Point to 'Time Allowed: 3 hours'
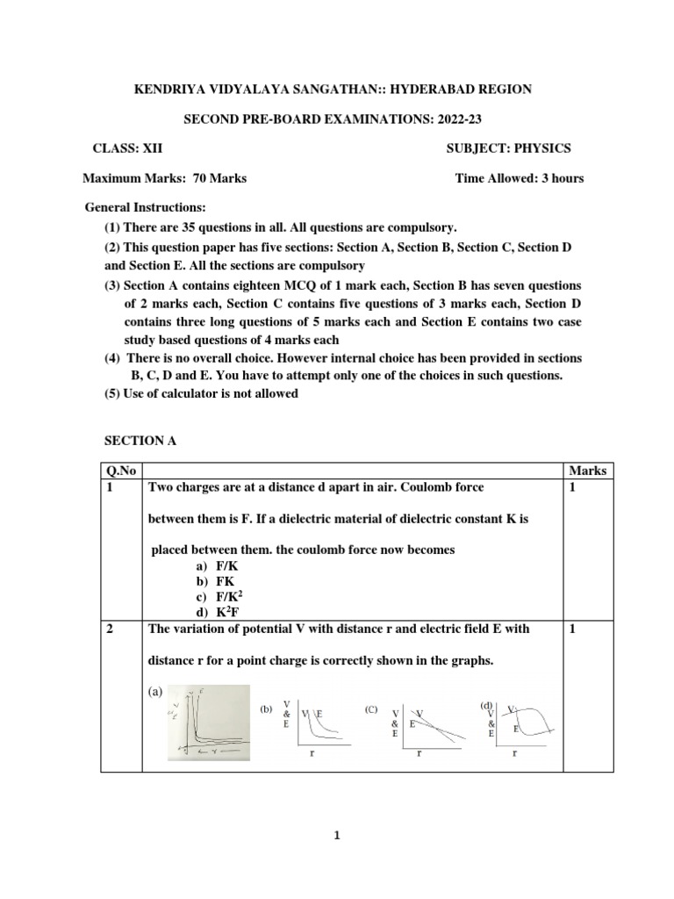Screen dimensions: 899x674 pyautogui.click(x=519, y=178)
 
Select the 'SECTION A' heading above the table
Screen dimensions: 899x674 pyautogui.click(x=140, y=442)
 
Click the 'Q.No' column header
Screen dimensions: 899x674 pyautogui.click(x=120, y=471)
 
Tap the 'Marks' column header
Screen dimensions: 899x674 pyautogui.click(x=587, y=471)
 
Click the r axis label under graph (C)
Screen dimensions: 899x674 pyautogui.click(x=419, y=753)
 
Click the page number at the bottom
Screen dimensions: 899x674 pyautogui.click(x=336, y=836)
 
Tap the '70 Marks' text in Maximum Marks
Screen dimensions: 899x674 pyautogui.click(x=219, y=178)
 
